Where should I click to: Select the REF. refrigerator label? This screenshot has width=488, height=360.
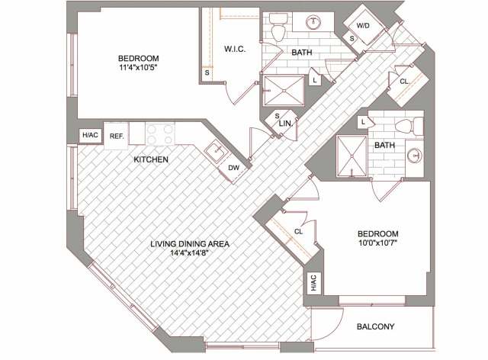coord(117,136)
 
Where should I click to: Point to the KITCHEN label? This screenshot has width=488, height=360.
coord(151,159)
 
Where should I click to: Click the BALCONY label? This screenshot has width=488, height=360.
coord(375,328)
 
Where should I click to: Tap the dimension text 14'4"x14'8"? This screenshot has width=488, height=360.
coord(190,255)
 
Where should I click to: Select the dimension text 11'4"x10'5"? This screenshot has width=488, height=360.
coord(138,69)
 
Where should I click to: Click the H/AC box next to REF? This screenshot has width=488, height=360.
coord(90,136)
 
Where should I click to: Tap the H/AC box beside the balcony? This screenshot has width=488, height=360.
coord(313,283)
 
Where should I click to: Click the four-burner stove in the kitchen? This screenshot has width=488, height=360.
coord(162,135)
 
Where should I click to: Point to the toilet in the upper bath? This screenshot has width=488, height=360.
coord(278,27)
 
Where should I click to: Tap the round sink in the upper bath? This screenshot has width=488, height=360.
coord(313,23)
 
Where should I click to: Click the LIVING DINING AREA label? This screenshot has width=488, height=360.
coord(190,244)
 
